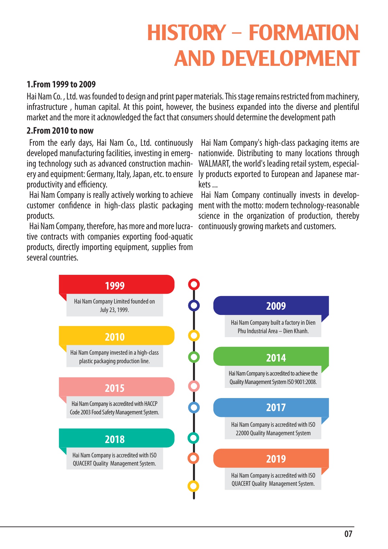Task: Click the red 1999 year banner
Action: (116, 285)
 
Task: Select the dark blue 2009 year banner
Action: (271, 305)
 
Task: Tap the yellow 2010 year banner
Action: (116, 336)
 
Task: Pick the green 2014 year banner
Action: (271, 357)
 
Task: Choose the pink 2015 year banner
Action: (116, 387)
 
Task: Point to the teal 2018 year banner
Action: (116, 438)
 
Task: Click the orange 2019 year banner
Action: (271, 458)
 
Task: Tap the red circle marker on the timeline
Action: (194, 284)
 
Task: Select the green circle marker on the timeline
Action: (194, 357)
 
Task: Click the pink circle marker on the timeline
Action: (194, 386)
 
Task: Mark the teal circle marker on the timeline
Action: (194, 438)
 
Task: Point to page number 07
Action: (348, 534)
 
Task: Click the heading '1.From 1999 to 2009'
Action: (61, 84)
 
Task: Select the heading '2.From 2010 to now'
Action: (60, 131)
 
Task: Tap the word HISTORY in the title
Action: (186, 33)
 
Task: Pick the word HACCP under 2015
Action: (151, 404)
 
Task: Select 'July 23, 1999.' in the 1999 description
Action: (114, 310)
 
